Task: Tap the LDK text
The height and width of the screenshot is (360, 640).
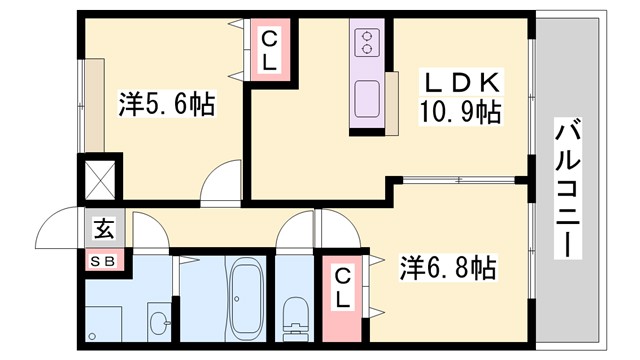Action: (459, 80)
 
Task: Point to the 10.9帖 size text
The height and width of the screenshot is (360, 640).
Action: (459, 111)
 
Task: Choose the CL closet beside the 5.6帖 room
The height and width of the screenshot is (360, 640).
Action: (270, 51)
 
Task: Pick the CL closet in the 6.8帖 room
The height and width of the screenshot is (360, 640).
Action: (342, 286)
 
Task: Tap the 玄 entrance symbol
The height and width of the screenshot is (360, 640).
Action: (104, 229)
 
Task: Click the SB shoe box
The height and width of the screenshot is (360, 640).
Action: (104, 262)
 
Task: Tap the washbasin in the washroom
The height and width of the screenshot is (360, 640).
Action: (158, 323)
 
